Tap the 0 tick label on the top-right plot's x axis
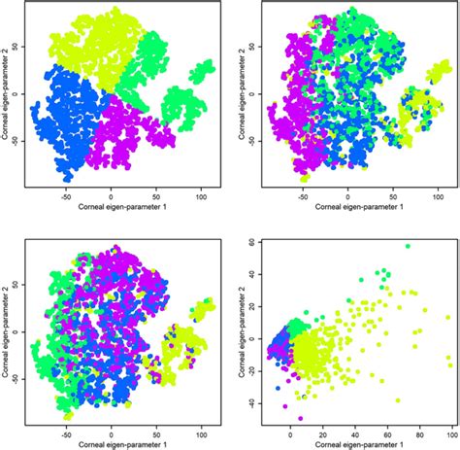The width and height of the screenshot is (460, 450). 340,197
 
